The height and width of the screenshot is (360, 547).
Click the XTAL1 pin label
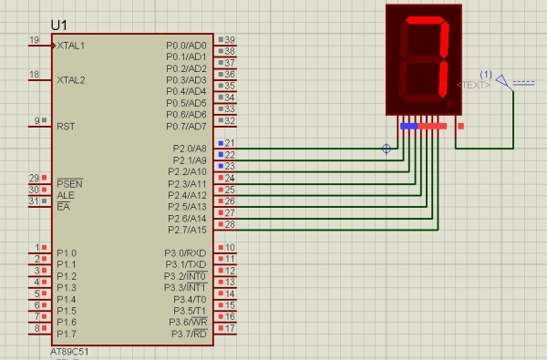coord(71,45)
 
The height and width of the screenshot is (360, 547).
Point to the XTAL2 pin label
coord(71,79)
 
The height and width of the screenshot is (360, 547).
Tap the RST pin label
coord(66,126)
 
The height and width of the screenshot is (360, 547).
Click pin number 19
coord(34,40)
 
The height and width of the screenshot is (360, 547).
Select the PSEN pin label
coord(69,182)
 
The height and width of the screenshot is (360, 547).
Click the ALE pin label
coord(66,194)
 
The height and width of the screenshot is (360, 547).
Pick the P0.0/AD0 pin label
coord(187,45)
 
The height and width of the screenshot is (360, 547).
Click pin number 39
coord(230,40)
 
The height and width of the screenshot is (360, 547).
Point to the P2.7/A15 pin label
coord(187,229)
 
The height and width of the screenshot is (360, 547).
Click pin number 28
coord(230,224)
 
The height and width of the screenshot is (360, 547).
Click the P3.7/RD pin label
coord(189,333)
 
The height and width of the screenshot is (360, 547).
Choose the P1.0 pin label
coord(67,252)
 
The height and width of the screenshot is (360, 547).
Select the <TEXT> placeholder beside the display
coord(472,84)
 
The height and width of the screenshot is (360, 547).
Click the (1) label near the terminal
coord(486,74)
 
